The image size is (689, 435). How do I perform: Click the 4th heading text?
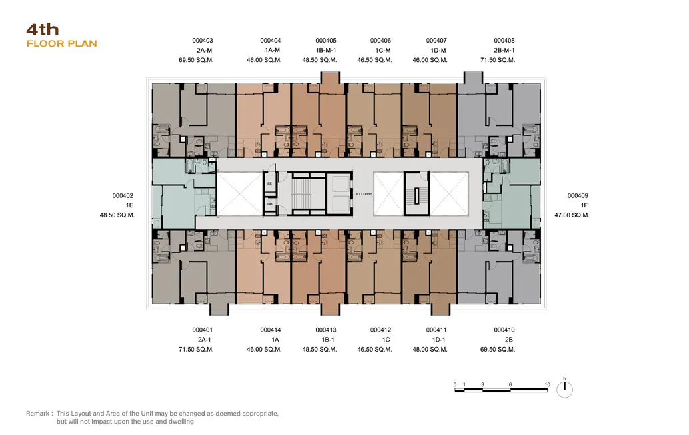pyautogui.click(x=43, y=29)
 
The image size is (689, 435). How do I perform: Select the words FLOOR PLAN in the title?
pyautogui.click(x=61, y=43)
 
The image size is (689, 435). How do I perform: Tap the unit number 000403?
pyautogui.click(x=202, y=41)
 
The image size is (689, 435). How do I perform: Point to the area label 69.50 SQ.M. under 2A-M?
pyautogui.click(x=196, y=60)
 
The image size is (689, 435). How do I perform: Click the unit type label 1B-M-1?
pyautogui.click(x=326, y=50)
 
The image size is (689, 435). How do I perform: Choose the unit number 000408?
pyautogui.click(x=504, y=41)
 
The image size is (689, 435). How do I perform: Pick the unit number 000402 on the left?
pyautogui.click(x=123, y=196)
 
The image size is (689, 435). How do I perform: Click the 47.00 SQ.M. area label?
pyautogui.click(x=572, y=215)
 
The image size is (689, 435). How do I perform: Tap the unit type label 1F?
pyautogui.click(x=584, y=205)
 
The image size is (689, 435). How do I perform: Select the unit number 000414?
pyautogui.click(x=271, y=330)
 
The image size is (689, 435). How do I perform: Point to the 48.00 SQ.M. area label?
pyautogui.click(x=430, y=349)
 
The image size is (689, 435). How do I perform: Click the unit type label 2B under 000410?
pyautogui.click(x=509, y=340)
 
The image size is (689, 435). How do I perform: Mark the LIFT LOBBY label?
pyautogui.click(x=363, y=194)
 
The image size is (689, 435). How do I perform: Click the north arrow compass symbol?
pyautogui.click(x=564, y=389)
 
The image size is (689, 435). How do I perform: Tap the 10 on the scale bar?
pyautogui.click(x=547, y=384)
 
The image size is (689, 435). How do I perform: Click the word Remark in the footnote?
pyautogui.click(x=37, y=414)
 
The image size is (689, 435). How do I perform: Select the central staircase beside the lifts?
pyautogui.click(x=301, y=193)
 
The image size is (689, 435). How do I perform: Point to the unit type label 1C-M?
pyautogui.click(x=383, y=50)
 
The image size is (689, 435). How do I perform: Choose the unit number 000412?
pyautogui.click(x=380, y=330)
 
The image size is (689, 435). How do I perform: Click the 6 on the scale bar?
pyautogui.click(x=510, y=384)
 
